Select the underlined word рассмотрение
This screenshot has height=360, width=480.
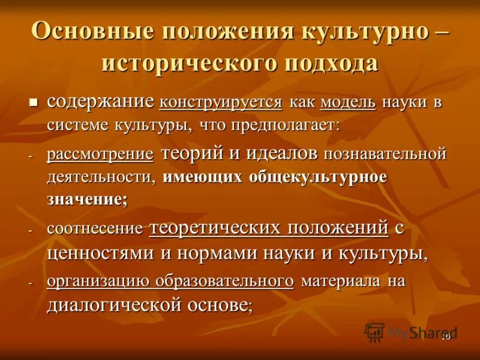click(100, 154)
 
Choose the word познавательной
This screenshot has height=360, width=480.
click(385, 154)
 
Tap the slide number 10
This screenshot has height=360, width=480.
click(446, 337)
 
